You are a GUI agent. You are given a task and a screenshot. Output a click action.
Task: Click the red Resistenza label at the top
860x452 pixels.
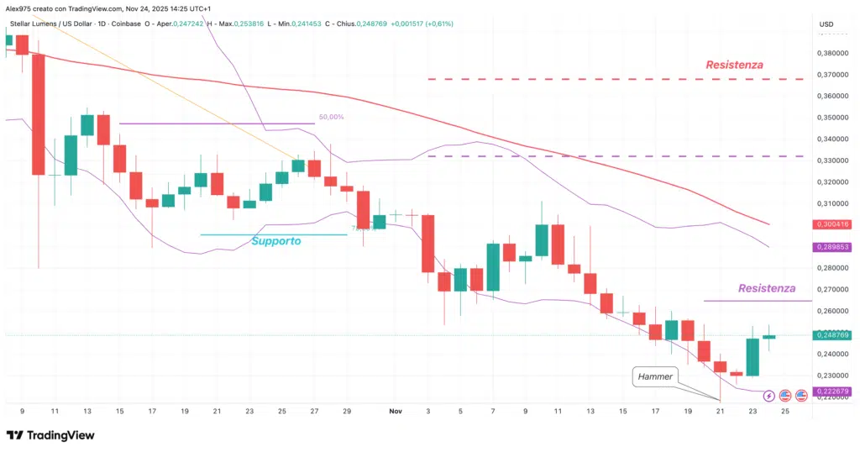(734, 64)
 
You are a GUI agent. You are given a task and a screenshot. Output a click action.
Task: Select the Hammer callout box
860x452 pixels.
(655, 376)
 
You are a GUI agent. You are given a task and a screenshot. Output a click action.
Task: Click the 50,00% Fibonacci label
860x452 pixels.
(331, 117)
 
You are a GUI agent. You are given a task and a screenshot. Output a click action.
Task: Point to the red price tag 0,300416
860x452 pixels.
(831, 224)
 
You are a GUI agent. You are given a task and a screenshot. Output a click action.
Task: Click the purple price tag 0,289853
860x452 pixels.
(831, 247)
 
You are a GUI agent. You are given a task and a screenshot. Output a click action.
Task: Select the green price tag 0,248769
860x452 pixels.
(831, 334)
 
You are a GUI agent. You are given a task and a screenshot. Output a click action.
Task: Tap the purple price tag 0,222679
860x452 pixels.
(831, 392)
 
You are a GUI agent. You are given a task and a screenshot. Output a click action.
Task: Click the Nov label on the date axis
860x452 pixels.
(396, 412)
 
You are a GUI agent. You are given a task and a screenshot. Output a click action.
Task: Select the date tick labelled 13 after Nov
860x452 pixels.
(591, 412)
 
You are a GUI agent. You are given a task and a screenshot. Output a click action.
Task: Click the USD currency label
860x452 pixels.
(826, 24)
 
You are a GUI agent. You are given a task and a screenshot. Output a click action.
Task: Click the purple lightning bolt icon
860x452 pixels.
(768, 395)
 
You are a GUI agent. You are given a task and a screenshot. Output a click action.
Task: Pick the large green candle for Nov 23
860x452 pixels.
(752, 356)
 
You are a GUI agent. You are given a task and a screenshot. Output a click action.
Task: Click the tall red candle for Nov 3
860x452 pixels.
(428, 243)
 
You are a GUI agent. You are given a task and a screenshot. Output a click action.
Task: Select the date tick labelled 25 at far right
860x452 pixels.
(786, 412)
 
